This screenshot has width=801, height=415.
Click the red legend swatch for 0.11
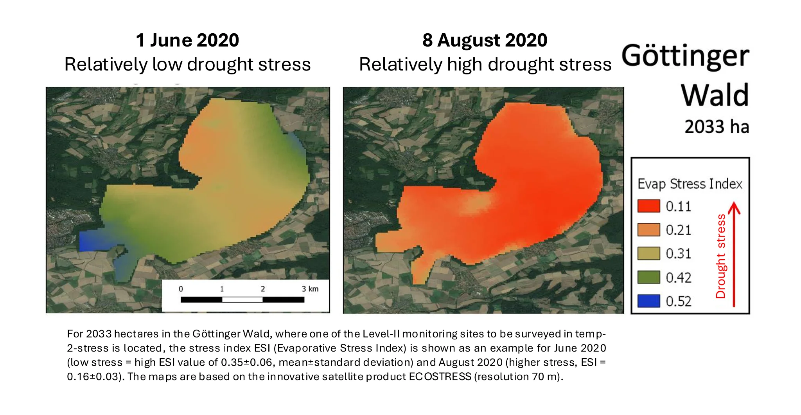tap(648, 206)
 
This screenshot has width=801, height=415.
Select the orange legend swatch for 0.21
tap(648, 230)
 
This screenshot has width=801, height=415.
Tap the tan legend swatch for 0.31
tap(648, 253)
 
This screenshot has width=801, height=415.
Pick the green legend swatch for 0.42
tap(648, 277)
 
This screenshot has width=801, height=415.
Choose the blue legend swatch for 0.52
tap(648, 301)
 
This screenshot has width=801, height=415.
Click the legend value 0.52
tap(679, 301)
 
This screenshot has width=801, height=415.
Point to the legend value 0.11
tap(679, 206)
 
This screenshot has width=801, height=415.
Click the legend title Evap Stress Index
tap(690, 184)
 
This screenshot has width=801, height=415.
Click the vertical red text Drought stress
tap(721, 256)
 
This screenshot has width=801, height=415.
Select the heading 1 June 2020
tap(187, 40)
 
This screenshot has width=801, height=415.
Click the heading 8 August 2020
tap(485, 40)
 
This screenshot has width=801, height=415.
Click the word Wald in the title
tap(715, 95)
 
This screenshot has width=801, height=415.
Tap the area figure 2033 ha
tap(717, 127)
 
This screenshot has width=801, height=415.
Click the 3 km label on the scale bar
tap(310, 289)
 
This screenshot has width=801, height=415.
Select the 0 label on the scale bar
tap(181, 289)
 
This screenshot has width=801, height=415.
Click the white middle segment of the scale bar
tap(242, 300)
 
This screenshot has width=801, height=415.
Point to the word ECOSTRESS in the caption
tap(440, 377)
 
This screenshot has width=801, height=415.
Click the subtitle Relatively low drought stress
tap(187, 65)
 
